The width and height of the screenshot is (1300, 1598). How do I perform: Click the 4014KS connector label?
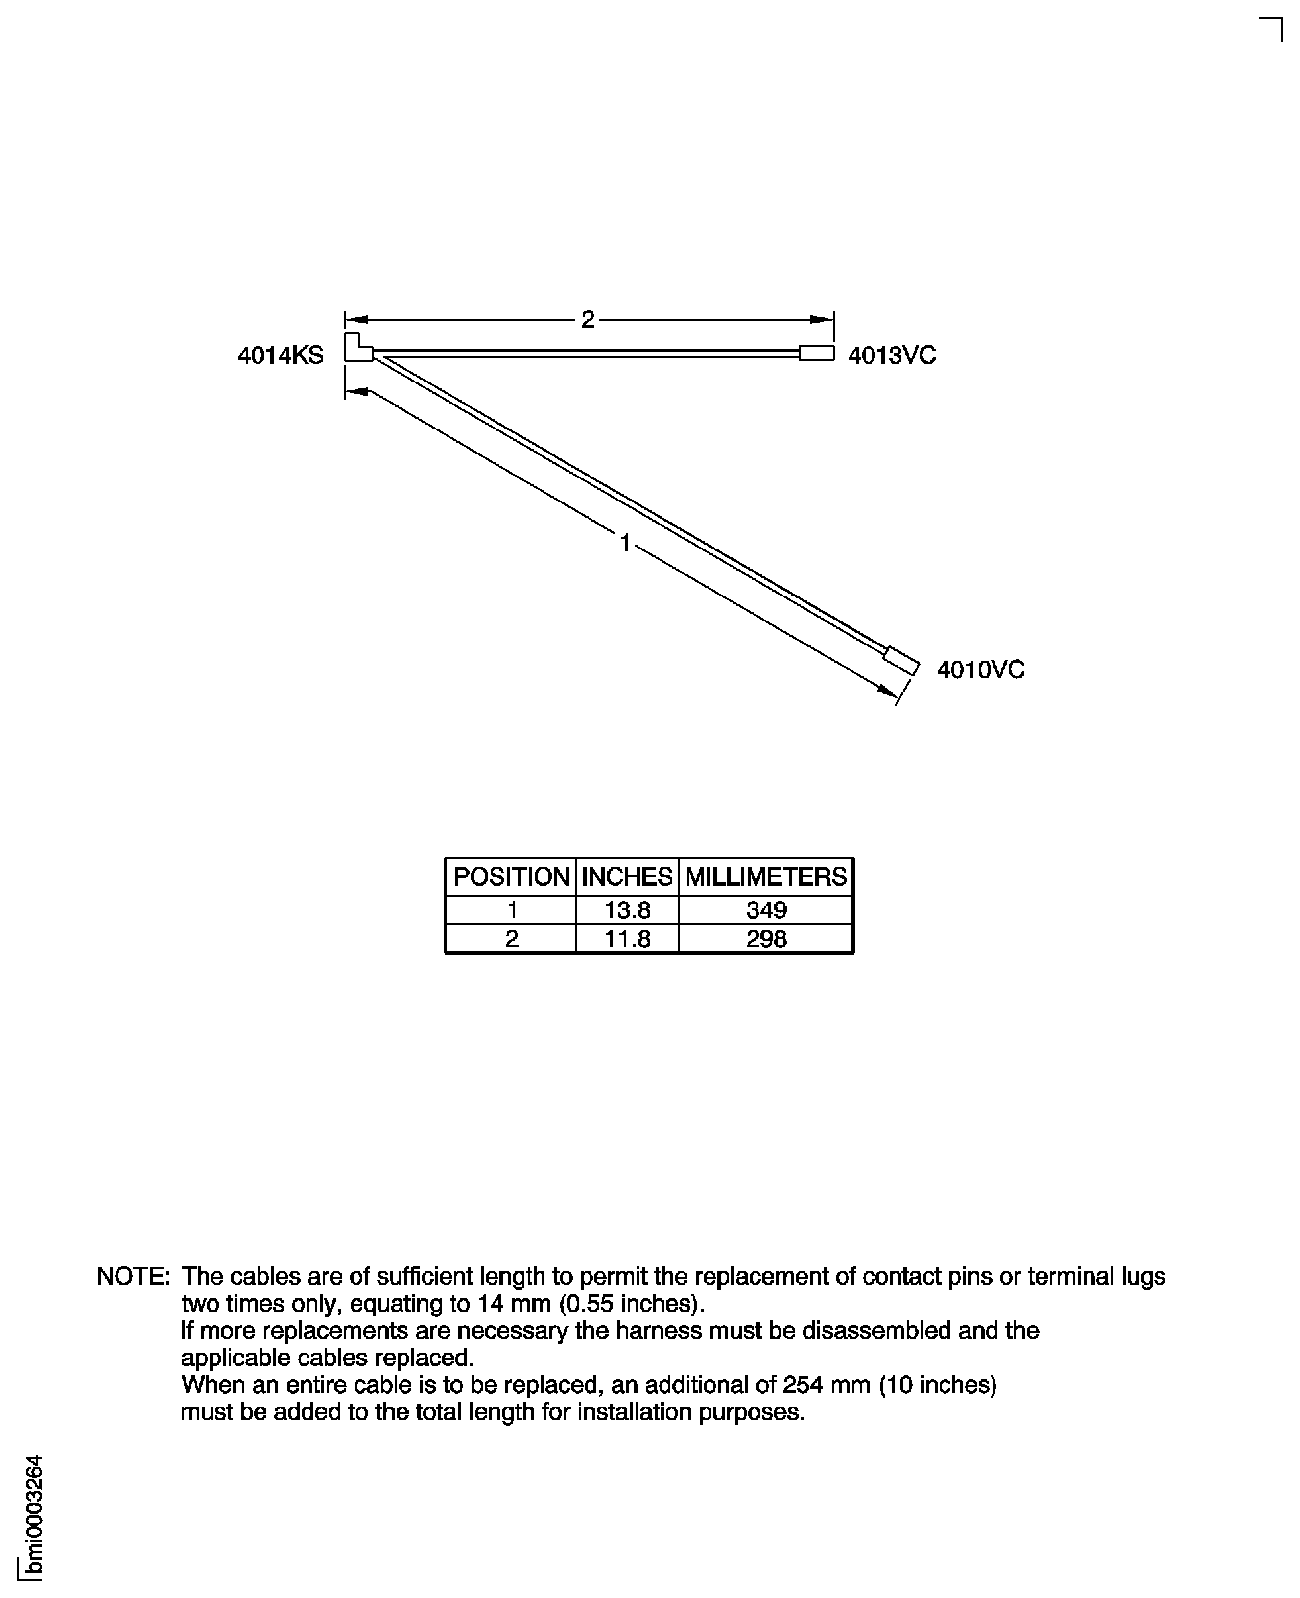280,355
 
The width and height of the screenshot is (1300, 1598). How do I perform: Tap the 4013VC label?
891,355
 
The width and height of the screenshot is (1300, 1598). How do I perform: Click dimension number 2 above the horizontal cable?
588,320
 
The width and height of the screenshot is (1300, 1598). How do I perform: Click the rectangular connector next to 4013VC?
816,353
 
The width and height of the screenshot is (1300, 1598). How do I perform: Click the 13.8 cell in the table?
627,910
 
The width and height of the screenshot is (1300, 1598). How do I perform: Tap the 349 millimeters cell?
765,910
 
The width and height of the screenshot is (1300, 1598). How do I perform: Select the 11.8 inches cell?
627,939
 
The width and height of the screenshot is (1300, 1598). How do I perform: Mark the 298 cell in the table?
765,939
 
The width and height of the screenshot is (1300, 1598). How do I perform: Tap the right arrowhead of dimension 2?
822,320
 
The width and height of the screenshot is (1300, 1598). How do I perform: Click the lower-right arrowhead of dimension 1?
888,691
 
